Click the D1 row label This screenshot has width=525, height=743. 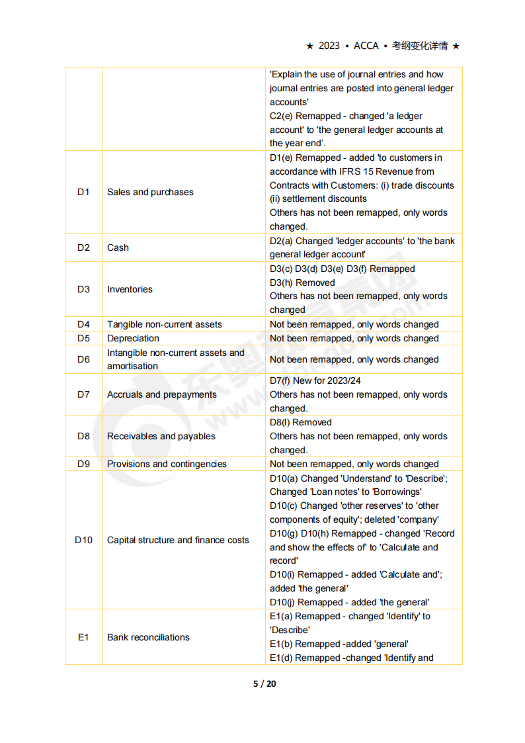pos(83,192)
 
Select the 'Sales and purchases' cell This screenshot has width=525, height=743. pos(150,192)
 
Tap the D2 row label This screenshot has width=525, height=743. pos(83,247)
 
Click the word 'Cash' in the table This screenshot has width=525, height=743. pos(118,247)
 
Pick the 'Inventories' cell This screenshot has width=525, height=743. pos(130,289)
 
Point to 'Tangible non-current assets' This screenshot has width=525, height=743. pos(165,324)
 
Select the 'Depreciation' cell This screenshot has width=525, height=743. pos(133,338)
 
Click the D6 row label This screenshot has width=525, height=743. pos(83,359)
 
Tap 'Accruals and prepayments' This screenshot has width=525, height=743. pos(162,394)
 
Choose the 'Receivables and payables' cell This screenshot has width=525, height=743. pos(161,436)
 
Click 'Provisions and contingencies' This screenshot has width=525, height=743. pos(167,464)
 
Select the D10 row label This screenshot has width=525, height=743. pos(83,540)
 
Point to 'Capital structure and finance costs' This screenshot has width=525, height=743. pos(178,540)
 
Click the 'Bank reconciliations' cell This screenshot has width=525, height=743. pos(148,637)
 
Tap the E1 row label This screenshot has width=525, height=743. pos(83,637)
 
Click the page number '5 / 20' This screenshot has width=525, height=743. pos(264,683)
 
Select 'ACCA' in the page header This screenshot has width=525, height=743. pos(366,46)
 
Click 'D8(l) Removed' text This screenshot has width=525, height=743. pos(301,422)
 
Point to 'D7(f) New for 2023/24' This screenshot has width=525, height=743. pos(315,380)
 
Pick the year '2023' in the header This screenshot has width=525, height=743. pos(329,46)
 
